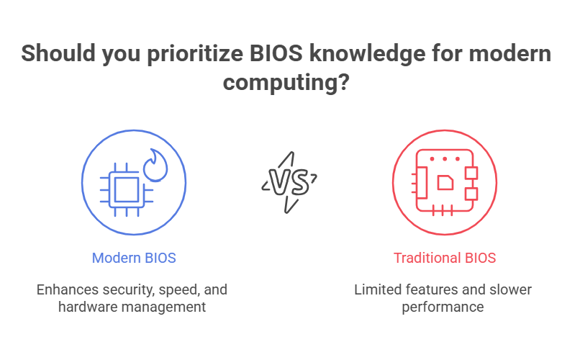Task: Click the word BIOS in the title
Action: (x=276, y=53)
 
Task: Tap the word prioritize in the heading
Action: (x=195, y=54)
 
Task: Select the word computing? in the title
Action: (x=286, y=83)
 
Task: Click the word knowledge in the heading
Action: (x=367, y=54)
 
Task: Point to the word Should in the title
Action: (x=58, y=53)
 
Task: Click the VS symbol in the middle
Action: (x=289, y=182)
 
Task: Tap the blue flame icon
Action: (x=155, y=166)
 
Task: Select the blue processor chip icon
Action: (x=127, y=190)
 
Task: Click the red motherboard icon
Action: (x=445, y=182)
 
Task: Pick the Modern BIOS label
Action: (x=134, y=258)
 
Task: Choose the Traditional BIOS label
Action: (x=445, y=258)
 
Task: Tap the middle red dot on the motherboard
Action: (x=445, y=158)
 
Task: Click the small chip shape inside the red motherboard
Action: (x=445, y=182)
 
